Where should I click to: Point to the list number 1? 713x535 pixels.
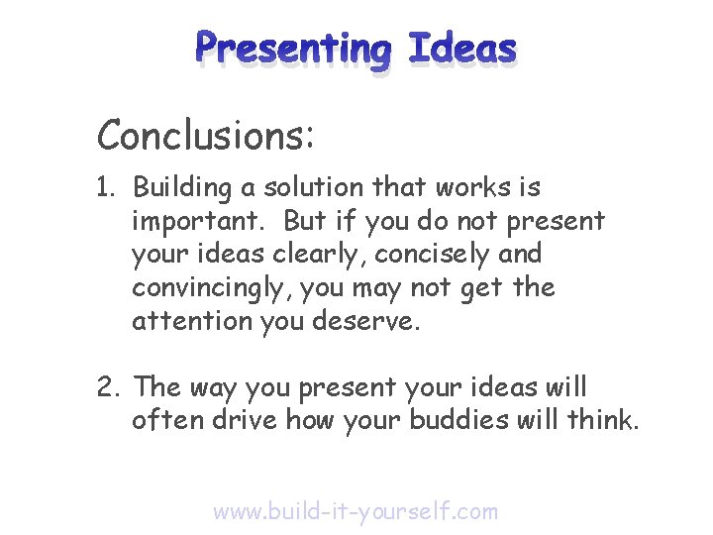pos(108,187)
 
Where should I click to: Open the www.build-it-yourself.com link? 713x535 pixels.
pos(356,511)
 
